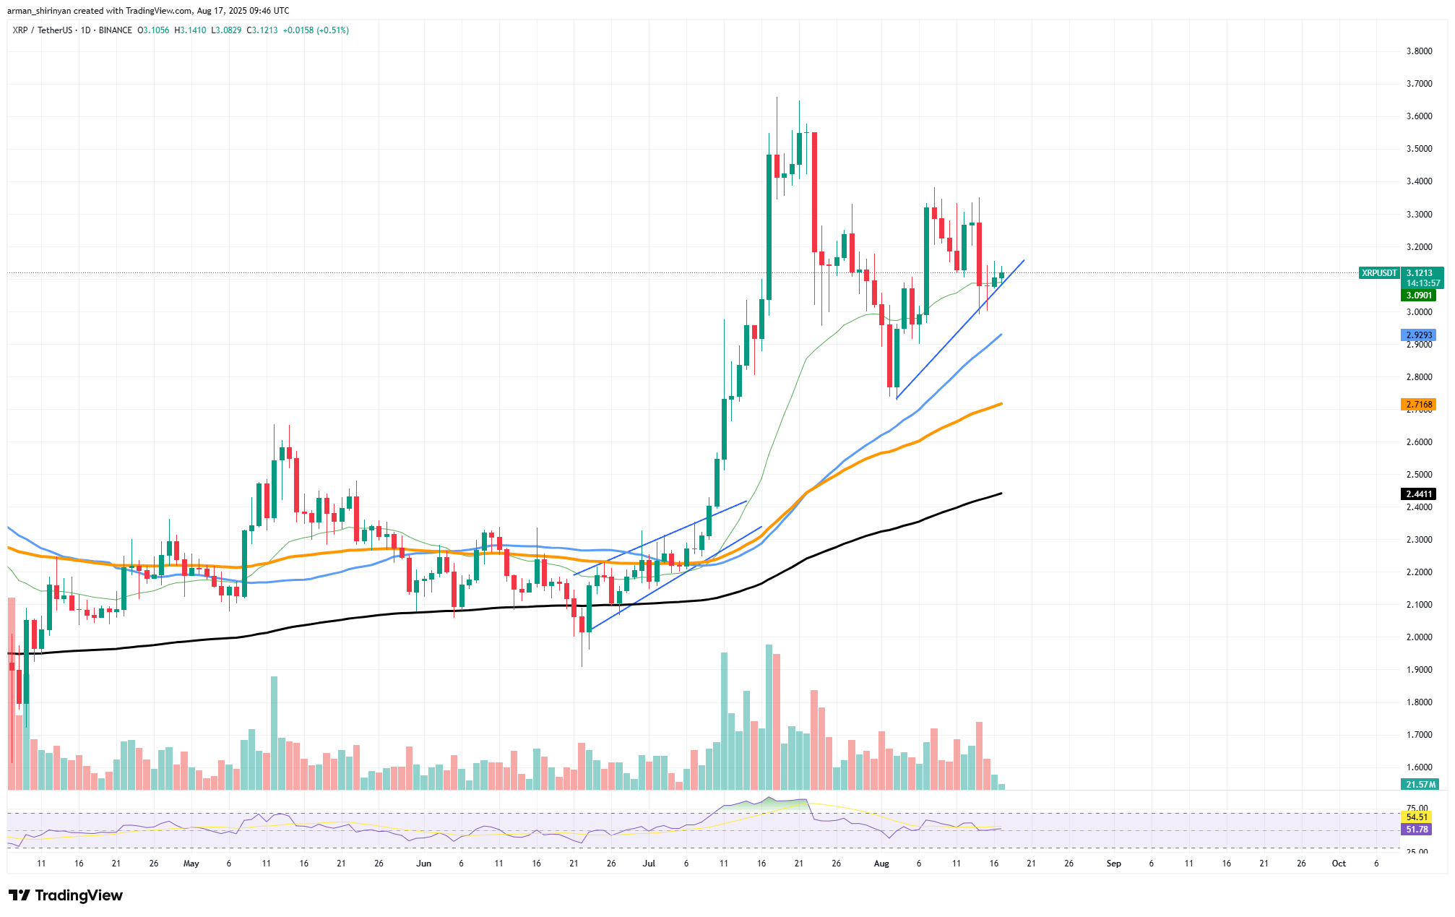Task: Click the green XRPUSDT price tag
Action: tap(1379, 273)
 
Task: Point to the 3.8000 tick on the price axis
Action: tap(1419, 51)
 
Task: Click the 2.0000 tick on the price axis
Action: tap(1419, 637)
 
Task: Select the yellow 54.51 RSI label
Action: tap(1417, 817)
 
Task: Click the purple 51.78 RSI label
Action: tap(1417, 830)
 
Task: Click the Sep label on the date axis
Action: tap(1113, 864)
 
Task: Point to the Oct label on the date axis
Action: tap(1339, 864)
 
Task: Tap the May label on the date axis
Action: tap(191, 864)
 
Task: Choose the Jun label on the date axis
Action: tap(423, 864)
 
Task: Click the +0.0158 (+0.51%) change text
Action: tap(316, 30)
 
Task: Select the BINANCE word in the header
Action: tap(115, 30)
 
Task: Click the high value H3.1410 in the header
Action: tap(190, 30)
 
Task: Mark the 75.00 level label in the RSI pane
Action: tap(1417, 808)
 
